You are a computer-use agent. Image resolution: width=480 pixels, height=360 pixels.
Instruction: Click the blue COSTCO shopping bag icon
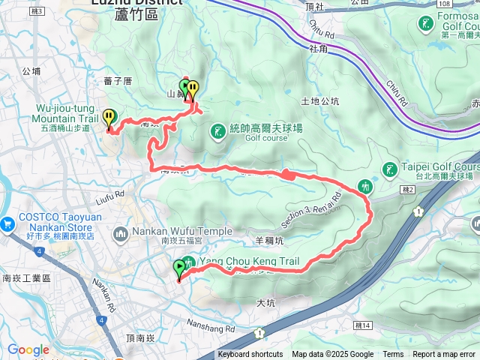8,223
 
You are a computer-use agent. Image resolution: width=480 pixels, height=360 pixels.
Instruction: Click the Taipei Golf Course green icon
388,169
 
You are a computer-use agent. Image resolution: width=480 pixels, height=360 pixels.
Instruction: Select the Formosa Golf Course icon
426,23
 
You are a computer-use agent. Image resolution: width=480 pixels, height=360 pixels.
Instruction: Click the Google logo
28,350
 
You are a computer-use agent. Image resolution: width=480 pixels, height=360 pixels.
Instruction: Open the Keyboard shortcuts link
250,355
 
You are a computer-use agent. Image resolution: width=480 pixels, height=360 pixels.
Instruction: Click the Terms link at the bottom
393,355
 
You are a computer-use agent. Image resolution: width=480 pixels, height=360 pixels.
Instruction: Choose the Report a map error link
445,355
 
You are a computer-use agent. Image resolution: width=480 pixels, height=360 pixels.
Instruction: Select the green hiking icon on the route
365,185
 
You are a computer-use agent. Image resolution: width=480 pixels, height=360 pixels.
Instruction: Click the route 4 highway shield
100,319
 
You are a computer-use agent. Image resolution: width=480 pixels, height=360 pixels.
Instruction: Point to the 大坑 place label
266,303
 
